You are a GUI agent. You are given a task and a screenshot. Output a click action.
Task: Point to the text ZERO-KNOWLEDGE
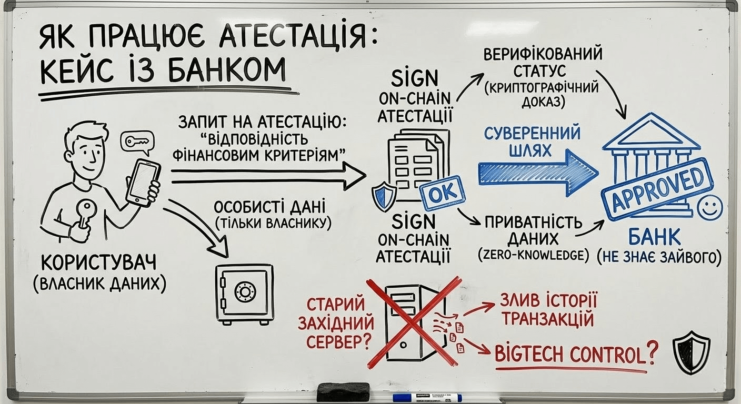(x=533, y=256)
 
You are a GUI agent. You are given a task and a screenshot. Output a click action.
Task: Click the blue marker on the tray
(x=427, y=398)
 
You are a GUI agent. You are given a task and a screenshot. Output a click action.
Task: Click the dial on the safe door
(x=244, y=291)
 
